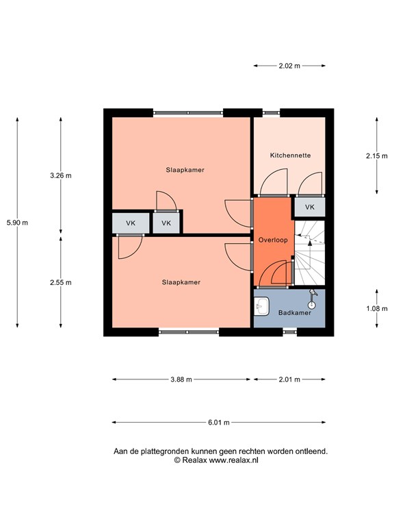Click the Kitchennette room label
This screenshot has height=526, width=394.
click(290, 155)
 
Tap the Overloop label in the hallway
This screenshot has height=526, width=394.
click(273, 240)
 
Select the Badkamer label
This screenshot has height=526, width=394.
click(295, 312)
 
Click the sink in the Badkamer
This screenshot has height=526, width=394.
click(261, 306)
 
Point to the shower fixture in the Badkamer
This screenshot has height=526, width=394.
click(313, 299)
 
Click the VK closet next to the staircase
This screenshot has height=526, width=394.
click(310, 207)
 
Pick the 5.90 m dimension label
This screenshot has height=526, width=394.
click(17, 223)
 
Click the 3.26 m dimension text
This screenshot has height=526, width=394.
click(61, 175)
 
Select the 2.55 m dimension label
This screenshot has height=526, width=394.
click(61, 282)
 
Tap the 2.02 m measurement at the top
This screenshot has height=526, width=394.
click(289, 66)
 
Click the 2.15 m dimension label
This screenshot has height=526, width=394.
click(377, 155)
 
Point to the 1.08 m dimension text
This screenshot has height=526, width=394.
click(377, 308)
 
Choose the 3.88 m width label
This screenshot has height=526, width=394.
click(181, 379)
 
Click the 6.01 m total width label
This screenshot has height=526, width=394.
click(219, 423)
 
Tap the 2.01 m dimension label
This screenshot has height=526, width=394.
click(289, 379)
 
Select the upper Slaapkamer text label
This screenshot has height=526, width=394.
click(185, 170)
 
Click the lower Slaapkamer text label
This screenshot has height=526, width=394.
click(181, 282)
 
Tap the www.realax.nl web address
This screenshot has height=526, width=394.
click(233, 460)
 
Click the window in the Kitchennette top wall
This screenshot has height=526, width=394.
click(271, 113)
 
